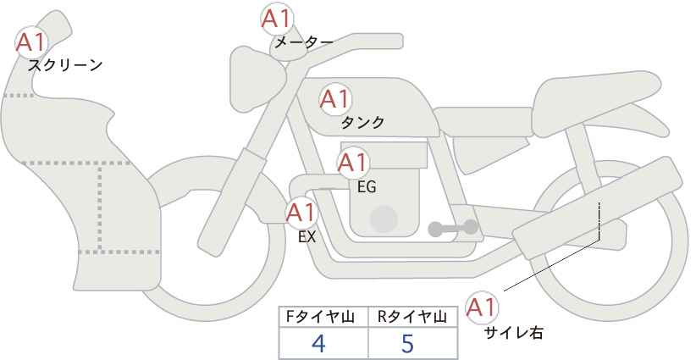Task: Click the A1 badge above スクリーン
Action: point(31,42)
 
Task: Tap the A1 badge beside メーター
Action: point(277,19)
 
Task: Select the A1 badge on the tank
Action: point(335,99)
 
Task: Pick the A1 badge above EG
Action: point(353,163)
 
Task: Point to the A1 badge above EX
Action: point(301,213)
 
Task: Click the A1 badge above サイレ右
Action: point(482,307)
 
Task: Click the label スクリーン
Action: point(65,65)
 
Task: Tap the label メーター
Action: point(304,42)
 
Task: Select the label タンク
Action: point(362,123)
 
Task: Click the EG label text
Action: point(367,187)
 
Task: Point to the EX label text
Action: point(307,237)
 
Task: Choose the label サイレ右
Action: point(514,333)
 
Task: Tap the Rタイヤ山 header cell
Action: point(413,317)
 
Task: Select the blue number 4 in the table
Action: point(319,343)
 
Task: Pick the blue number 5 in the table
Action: point(407,343)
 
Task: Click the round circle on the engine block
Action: point(384,219)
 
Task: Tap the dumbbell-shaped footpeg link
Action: point(453,228)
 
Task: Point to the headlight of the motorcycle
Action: point(257,79)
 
